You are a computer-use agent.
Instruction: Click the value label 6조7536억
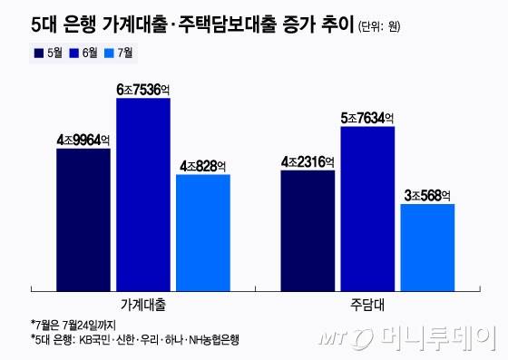[x=143, y=89]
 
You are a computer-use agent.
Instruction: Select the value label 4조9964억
[x=83, y=140]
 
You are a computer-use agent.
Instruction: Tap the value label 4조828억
[x=203, y=165]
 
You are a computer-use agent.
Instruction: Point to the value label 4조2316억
[x=308, y=161]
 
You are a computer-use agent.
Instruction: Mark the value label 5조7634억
[x=368, y=117]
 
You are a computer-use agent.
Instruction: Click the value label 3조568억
[x=427, y=195]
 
